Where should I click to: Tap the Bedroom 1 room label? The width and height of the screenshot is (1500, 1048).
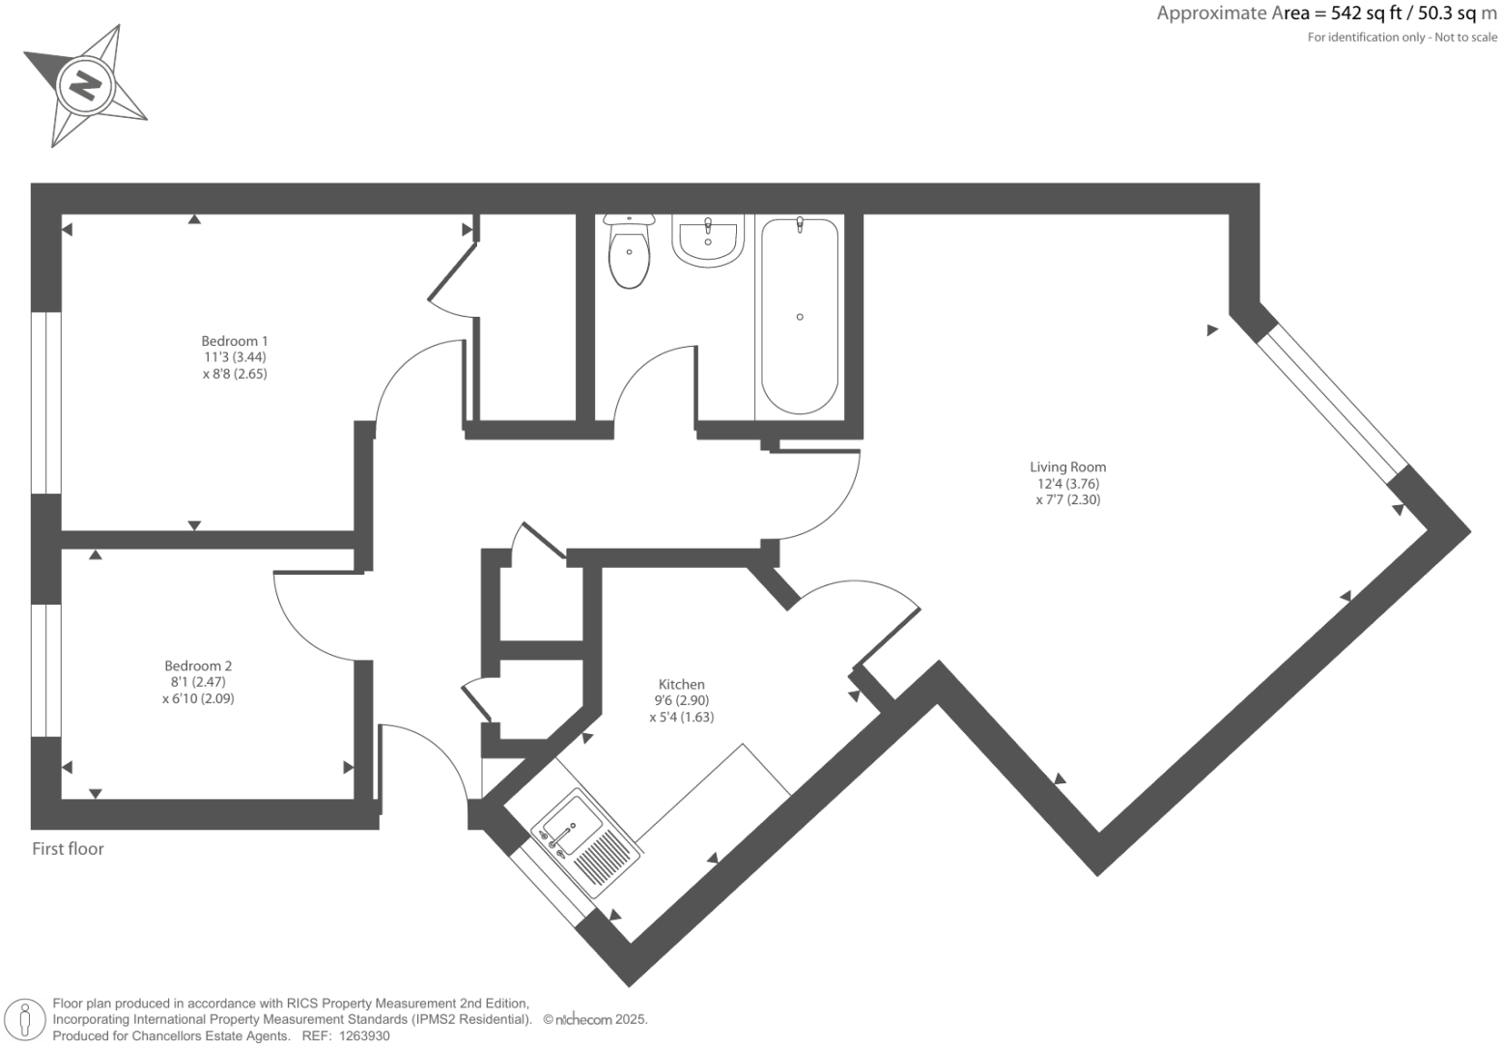click(x=234, y=341)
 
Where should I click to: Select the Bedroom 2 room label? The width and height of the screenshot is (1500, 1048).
click(x=198, y=666)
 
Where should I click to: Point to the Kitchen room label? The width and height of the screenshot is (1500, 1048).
click(x=681, y=684)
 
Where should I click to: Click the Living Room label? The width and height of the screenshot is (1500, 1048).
click(x=1067, y=467)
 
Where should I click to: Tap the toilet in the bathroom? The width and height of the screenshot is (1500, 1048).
click(x=629, y=253)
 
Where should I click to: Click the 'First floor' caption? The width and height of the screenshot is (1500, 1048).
click(x=68, y=849)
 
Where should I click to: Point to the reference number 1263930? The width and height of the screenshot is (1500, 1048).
click(x=361, y=1035)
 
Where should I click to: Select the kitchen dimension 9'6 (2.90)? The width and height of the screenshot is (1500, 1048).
click(x=681, y=700)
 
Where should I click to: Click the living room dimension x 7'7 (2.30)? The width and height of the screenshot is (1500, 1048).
click(x=1067, y=500)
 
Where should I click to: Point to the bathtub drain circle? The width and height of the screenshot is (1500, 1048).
click(x=800, y=317)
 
